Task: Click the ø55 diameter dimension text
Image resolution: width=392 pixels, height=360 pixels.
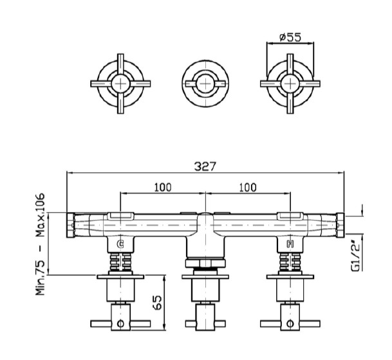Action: coord(290,37)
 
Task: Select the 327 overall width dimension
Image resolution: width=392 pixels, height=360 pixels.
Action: coord(205,166)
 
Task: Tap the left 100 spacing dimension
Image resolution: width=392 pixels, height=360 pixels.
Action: coord(163,187)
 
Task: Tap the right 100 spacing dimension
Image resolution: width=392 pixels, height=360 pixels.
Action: coord(248,187)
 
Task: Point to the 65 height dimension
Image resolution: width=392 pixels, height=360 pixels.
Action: coord(158,303)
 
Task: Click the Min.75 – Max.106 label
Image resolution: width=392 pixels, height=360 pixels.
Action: coord(40,244)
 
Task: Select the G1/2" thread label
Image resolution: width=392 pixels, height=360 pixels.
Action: coord(355,256)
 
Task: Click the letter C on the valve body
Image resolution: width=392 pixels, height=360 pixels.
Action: coord(120,244)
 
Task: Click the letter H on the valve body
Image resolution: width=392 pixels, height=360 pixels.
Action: coord(290,244)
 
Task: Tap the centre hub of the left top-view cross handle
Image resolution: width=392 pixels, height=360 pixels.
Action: coord(120,84)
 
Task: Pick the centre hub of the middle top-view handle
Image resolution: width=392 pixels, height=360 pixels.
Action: coord(205,84)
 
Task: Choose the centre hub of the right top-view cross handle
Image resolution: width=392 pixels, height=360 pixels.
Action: coord(290,84)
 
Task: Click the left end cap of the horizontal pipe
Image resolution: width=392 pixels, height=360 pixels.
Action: coord(71,225)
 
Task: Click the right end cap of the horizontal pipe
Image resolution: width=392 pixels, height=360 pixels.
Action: coord(341,225)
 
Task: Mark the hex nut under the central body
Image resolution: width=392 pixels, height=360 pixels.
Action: coord(205,263)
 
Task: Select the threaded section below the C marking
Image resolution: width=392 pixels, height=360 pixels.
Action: coord(120,262)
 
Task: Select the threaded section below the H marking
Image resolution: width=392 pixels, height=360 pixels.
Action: coord(290,262)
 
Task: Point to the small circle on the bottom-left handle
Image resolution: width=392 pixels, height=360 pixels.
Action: coord(120,324)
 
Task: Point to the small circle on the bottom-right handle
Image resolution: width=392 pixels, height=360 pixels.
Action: coord(290,324)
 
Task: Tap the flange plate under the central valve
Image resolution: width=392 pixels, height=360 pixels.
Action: coord(205,277)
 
